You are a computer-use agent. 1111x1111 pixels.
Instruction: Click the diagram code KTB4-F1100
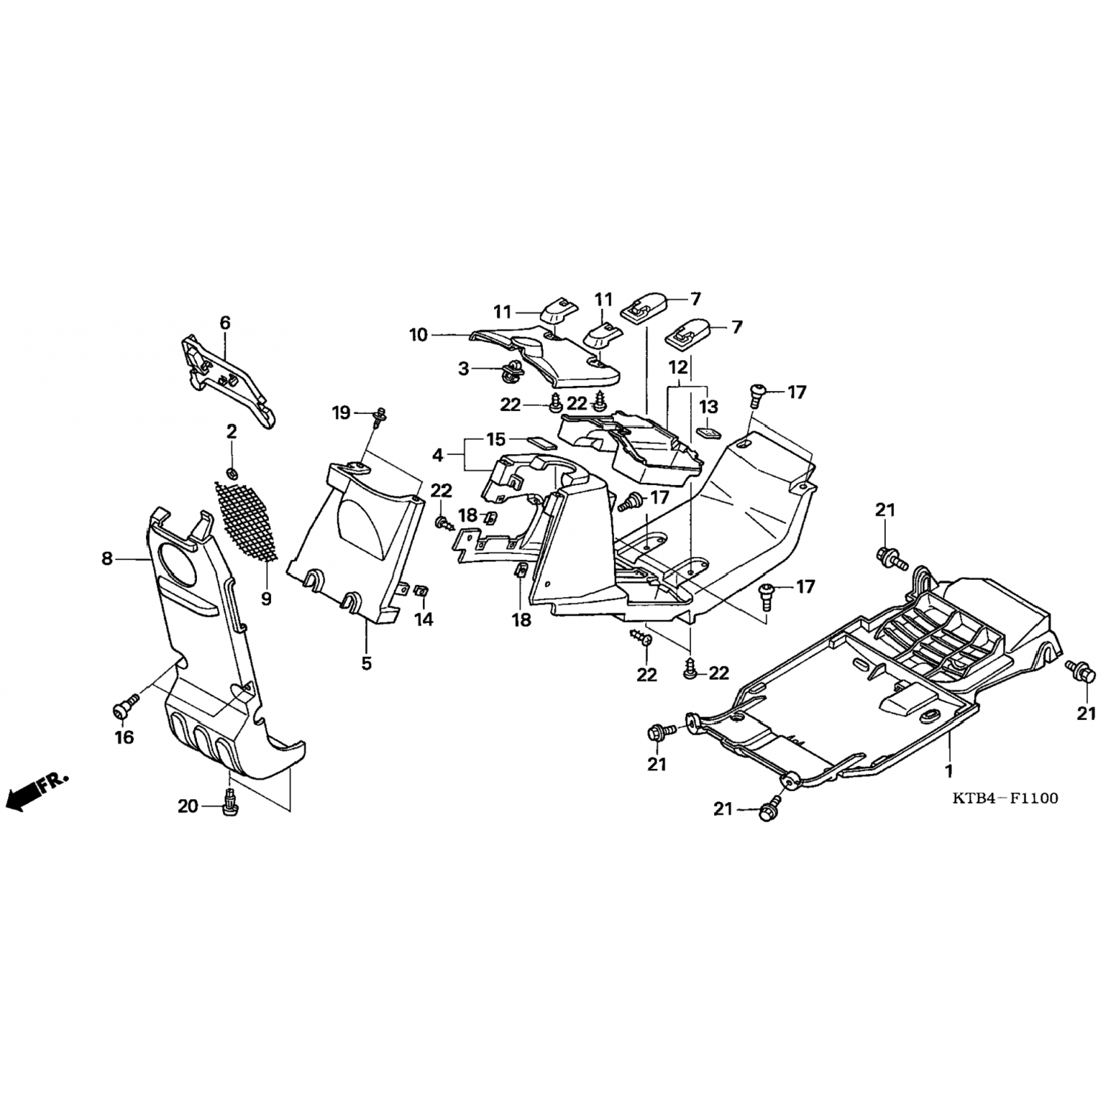1004,798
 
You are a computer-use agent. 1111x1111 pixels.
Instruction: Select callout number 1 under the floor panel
948,771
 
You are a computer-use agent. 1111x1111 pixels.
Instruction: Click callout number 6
225,322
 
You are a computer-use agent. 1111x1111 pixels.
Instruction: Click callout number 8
107,559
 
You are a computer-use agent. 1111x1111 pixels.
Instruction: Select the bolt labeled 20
230,803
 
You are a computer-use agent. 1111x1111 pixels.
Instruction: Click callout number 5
367,663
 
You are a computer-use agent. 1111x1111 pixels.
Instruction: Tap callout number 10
418,335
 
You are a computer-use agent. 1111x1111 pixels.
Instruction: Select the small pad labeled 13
708,430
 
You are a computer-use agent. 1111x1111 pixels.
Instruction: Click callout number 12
678,367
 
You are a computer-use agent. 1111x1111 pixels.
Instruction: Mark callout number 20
188,805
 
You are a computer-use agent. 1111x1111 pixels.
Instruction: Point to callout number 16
124,737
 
